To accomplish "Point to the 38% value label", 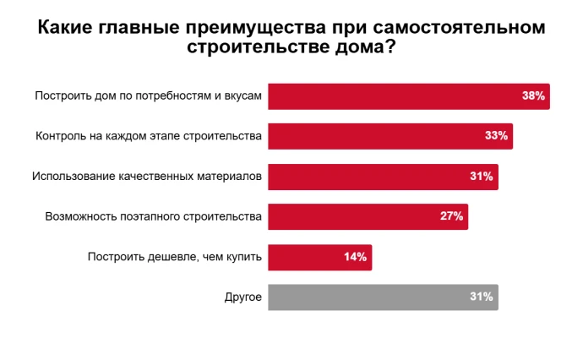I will coord(533,96).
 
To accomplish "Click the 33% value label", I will coord(496,136).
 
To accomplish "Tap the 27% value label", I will coord(451,216).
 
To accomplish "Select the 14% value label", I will coord(355,257).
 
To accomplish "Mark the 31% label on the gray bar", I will coord(481,297).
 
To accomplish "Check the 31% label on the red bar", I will coord(481,177).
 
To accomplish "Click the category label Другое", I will coord(243,297).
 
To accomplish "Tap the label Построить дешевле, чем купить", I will coord(175,257).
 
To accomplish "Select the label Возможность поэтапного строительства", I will coord(154,217).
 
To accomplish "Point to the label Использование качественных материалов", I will coord(147,177).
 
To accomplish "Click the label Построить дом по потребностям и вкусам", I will coord(149,96).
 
